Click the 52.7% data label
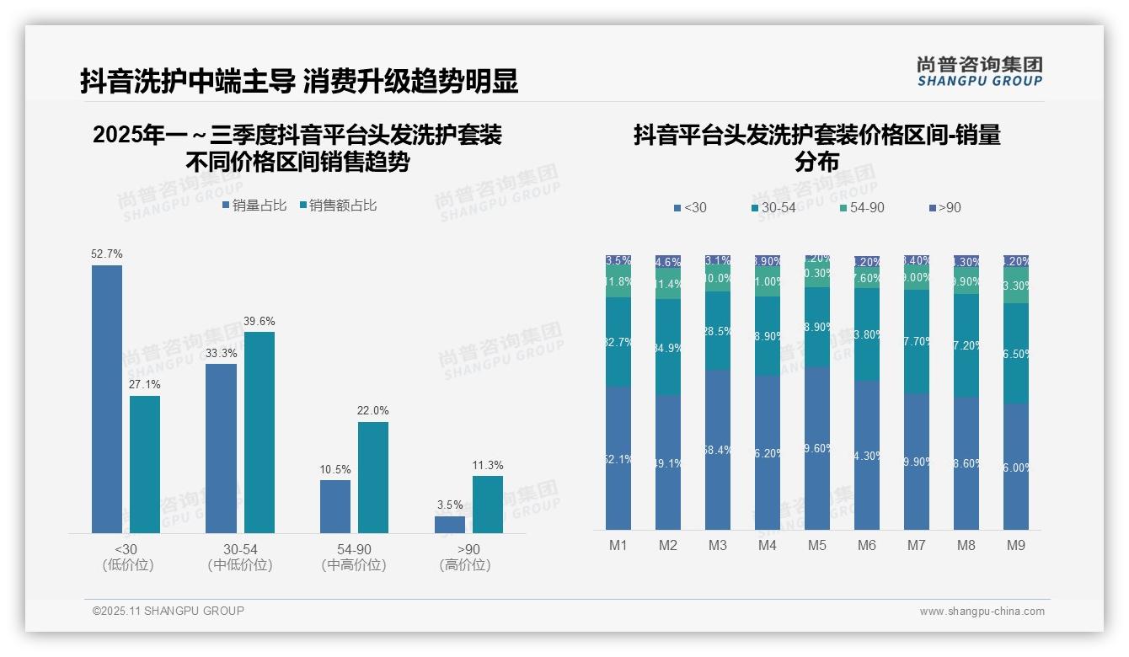(107, 254)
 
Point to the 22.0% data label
(373, 410)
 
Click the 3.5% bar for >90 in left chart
(450, 525)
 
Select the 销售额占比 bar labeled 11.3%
(488, 505)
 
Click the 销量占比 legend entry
(254, 206)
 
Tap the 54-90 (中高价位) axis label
(353, 557)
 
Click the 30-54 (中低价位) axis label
(239, 557)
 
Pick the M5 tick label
(817, 545)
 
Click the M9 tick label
(1016, 545)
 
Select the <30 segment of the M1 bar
(618, 458)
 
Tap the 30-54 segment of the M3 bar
(718, 331)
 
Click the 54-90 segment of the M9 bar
(1016, 286)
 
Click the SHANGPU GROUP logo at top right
(979, 72)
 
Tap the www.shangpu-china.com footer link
(982, 612)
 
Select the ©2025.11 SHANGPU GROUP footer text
(169, 611)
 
